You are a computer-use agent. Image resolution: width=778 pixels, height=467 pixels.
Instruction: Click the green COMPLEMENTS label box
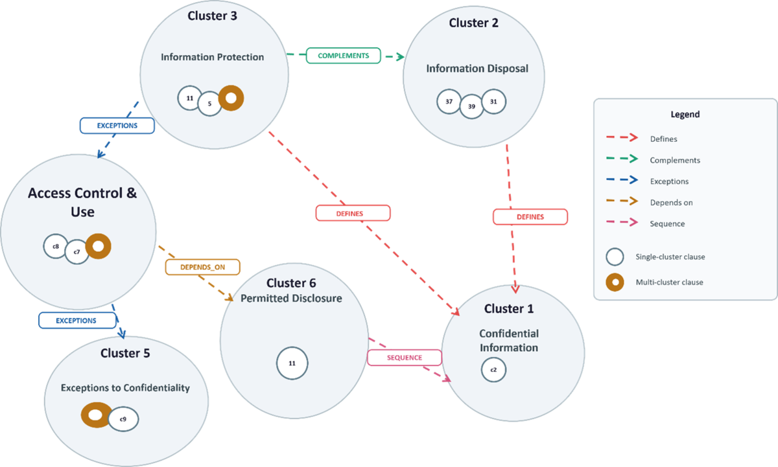coord(343,56)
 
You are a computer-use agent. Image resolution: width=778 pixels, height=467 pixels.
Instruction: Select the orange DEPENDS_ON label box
coord(202,267)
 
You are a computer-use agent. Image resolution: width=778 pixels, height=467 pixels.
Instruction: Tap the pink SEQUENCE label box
coord(405,358)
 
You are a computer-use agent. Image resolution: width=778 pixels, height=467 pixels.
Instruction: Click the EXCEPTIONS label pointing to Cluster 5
coord(77,320)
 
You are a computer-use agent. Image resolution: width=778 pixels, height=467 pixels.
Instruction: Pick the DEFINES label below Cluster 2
coord(530,217)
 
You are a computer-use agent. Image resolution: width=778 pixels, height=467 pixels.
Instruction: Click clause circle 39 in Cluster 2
coord(471,106)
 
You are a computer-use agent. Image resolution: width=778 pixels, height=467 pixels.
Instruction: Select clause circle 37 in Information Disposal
coord(449,102)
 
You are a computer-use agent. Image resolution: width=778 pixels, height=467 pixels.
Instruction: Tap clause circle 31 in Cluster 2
coord(493,102)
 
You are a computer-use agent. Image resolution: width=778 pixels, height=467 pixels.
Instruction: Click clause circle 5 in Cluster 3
coord(209,104)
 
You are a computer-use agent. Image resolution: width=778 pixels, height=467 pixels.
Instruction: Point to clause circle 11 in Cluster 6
coord(292,363)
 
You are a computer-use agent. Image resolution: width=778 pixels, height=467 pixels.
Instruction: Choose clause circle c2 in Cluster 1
coord(493,370)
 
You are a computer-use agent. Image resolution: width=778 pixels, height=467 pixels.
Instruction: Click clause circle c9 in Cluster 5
coord(123,419)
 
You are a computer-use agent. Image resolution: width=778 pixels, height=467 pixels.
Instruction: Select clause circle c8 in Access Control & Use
coord(56,246)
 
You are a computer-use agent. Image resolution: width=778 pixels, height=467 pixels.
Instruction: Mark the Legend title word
coord(685,115)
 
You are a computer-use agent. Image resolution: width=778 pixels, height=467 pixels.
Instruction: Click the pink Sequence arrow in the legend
coord(622,222)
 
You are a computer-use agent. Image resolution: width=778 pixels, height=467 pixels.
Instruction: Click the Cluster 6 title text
coord(291,283)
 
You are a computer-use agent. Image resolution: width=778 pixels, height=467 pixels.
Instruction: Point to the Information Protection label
coord(212,57)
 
